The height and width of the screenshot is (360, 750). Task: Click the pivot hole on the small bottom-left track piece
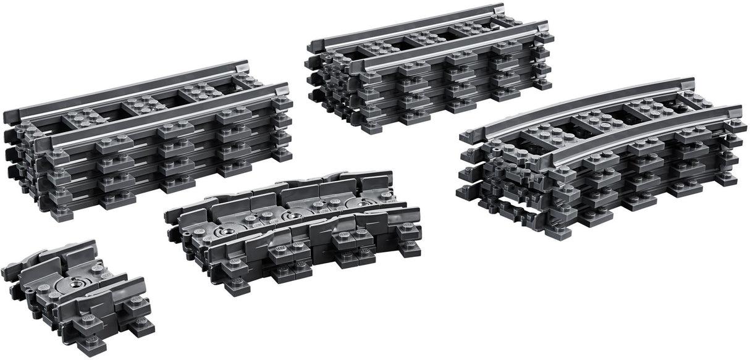tap(78, 283)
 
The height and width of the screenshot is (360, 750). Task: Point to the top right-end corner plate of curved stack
tap(735, 123)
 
